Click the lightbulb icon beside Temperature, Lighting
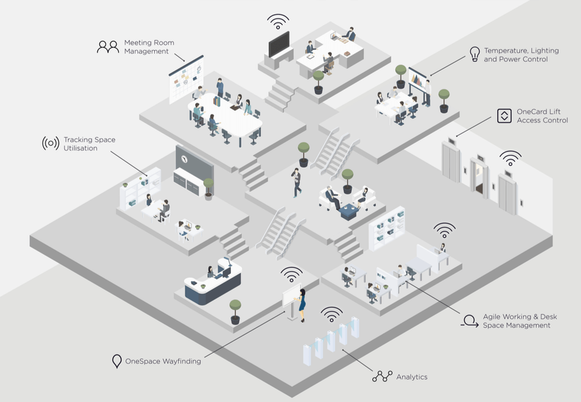point(474,54)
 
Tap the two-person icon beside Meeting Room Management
point(108,47)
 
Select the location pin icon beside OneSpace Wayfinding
point(116,361)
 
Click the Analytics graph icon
point(382,377)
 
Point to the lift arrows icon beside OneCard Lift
point(504,116)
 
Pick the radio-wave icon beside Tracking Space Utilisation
point(51,144)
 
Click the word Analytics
point(412,377)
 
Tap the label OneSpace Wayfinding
point(163,361)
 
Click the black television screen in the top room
point(279,44)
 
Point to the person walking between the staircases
point(297,182)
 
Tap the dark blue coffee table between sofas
point(349,212)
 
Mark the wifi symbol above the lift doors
point(510,158)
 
